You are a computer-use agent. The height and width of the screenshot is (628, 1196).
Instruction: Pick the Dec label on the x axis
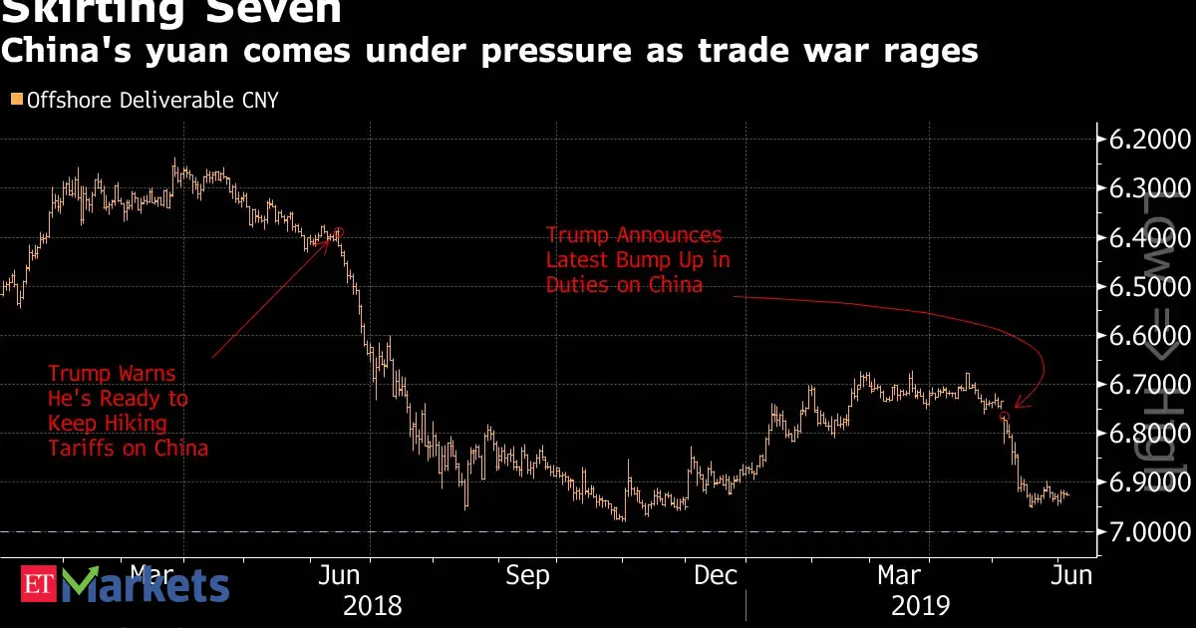point(716,576)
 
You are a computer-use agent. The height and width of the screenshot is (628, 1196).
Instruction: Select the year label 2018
point(372,606)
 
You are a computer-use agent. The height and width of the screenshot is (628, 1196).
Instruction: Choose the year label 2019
point(919,606)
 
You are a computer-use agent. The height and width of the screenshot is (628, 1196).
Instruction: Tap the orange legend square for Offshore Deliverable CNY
point(15,100)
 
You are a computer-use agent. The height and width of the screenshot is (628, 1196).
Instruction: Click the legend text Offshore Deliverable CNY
point(152,100)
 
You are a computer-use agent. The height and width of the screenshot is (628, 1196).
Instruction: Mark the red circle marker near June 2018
point(340,232)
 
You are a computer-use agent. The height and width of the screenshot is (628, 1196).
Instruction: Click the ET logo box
point(38,585)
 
